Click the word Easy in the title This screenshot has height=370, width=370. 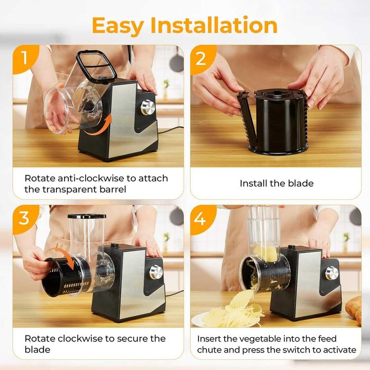(x=118, y=26)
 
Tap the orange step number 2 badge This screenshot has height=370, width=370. (x=202, y=59)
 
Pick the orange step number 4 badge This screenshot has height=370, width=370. (x=202, y=219)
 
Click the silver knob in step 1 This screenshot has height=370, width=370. (x=148, y=108)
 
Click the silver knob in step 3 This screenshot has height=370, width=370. (x=156, y=272)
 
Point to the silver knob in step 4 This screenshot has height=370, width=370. (x=332, y=273)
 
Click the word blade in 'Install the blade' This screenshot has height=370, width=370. (x=301, y=183)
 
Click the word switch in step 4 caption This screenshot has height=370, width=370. (x=298, y=350)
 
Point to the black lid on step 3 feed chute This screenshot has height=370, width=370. (x=87, y=216)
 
